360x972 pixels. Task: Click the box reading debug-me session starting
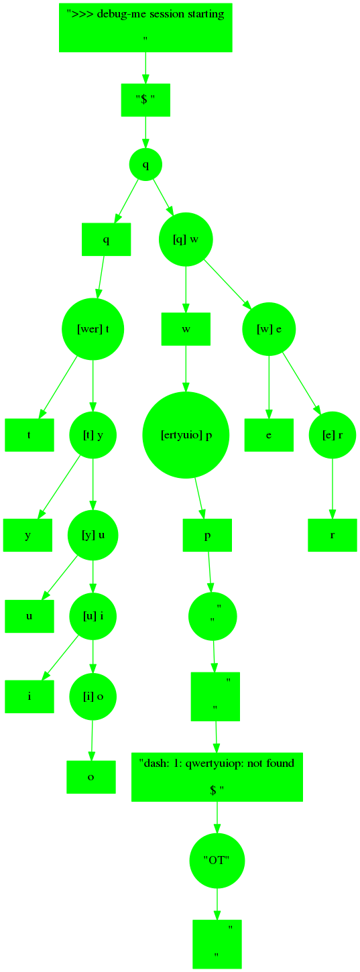[145, 27]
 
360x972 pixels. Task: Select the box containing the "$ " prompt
[145, 101]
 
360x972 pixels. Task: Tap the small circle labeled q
[145, 164]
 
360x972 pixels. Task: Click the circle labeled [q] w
[186, 239]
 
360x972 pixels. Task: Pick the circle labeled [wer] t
[93, 329]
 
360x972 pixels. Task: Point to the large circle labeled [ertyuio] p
[186, 435]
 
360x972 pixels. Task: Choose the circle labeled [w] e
[269, 329]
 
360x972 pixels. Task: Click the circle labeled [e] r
[333, 435]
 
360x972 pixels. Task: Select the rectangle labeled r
[333, 535]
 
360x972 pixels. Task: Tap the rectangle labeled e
[269, 435]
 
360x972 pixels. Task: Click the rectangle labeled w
[186, 329]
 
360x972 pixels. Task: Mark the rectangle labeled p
[207, 535]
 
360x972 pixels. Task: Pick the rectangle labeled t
[29, 435]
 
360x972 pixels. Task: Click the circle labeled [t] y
[93, 435]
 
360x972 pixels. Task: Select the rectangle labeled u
[29, 616]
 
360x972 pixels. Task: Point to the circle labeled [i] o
[93, 696]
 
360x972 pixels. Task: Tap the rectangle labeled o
[91, 777]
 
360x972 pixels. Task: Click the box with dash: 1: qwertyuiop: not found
[217, 777]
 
